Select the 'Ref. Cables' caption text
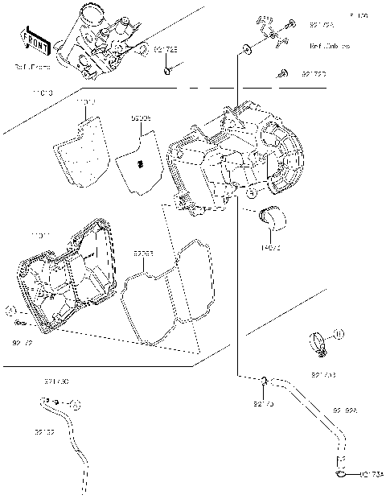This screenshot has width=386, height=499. point(330,47)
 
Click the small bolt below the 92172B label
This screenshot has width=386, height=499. point(166,73)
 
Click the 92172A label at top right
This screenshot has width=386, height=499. point(322,25)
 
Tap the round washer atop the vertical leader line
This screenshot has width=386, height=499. point(241,51)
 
